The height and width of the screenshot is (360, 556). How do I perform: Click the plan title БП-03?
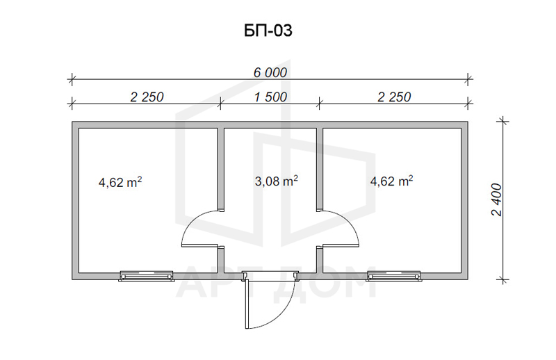268,31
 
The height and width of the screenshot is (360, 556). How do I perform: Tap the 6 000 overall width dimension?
270,72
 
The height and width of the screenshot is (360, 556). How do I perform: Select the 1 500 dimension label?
270,97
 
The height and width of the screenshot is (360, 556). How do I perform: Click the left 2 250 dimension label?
147,97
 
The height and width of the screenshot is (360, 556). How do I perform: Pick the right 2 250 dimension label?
394,97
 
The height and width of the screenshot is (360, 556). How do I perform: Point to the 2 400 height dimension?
497,199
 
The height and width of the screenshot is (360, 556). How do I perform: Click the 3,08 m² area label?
276,181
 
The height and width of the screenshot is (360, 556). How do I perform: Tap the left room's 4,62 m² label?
120,182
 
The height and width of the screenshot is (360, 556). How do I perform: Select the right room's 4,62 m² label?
391,181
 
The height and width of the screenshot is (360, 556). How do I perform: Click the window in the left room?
147,276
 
